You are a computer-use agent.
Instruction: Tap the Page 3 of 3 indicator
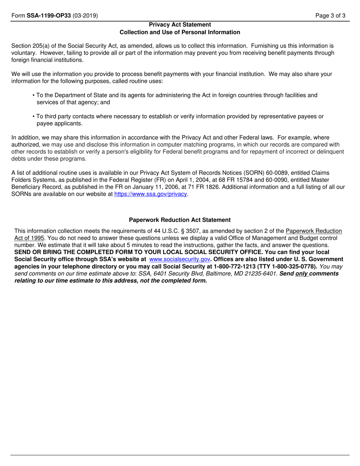point(332,16)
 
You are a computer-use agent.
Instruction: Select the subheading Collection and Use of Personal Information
point(180,32)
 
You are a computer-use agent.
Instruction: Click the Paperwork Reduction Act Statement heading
point(180,220)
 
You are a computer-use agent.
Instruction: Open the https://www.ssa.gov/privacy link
point(151,194)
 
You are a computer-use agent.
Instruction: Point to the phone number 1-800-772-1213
point(237,266)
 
